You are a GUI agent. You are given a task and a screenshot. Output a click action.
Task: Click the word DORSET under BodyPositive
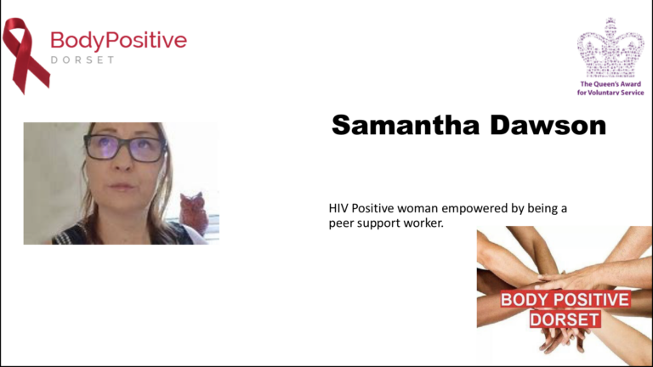(82, 60)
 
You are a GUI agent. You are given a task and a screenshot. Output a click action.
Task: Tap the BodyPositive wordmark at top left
(119, 41)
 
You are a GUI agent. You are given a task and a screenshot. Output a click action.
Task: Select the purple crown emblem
(610, 48)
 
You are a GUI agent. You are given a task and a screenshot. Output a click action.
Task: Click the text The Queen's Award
(610, 83)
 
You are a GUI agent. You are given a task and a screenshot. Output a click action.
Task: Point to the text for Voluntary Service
(610, 93)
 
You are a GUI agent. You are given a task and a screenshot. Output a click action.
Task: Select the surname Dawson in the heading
(548, 125)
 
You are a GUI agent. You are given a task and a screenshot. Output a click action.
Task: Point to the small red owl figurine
(194, 212)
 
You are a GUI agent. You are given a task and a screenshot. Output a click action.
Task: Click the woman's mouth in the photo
(122, 186)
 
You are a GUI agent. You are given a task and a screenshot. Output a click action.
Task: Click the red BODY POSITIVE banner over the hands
(565, 300)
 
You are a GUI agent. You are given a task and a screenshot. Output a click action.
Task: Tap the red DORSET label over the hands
(565, 319)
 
